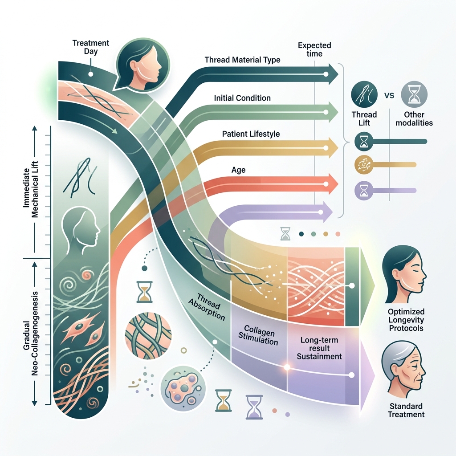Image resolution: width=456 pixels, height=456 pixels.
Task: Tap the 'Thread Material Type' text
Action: (242, 60)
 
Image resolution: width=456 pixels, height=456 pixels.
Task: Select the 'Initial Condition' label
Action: (242, 98)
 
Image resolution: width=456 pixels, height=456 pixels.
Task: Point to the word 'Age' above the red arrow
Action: (238, 170)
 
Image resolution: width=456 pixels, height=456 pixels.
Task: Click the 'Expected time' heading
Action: (314, 49)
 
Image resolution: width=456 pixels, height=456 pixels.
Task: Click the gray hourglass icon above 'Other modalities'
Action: (414, 94)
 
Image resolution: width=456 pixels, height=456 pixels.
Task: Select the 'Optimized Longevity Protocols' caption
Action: (406, 320)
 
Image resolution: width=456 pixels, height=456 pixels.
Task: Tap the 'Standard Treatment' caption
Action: (406, 410)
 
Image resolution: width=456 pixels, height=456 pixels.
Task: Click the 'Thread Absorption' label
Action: (209, 308)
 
